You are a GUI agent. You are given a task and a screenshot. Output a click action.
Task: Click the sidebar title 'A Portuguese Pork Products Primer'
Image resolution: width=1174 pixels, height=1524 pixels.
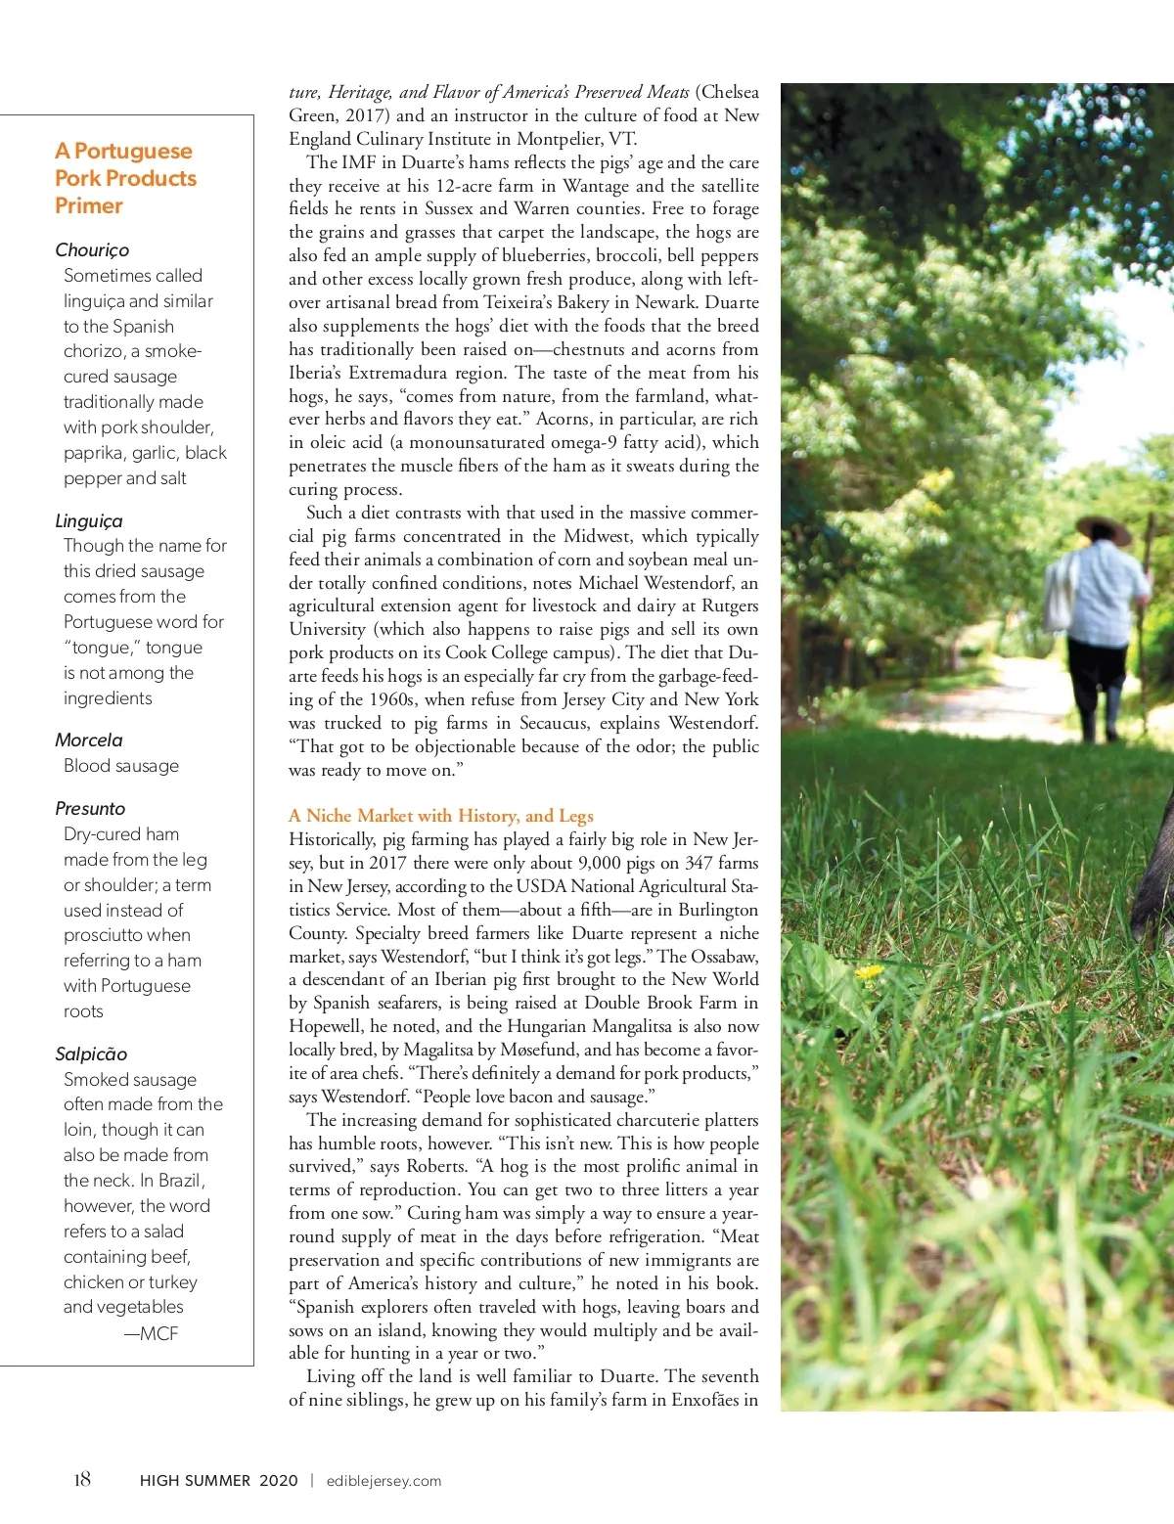coord(125,178)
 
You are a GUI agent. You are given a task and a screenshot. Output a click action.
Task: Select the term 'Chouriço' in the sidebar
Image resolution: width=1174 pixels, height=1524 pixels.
coord(92,250)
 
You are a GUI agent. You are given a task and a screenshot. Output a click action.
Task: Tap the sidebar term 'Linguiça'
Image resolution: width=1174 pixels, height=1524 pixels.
coord(89,521)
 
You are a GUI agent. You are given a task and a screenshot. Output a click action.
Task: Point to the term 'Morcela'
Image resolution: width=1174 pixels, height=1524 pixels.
coord(89,740)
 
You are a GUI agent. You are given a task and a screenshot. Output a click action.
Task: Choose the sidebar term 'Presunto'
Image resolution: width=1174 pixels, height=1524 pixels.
coord(90,809)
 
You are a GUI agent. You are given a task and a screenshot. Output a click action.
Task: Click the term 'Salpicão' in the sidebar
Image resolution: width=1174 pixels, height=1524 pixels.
coord(91,1054)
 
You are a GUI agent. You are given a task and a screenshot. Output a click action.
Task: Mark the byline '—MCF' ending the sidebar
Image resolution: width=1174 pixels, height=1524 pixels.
coord(151,1333)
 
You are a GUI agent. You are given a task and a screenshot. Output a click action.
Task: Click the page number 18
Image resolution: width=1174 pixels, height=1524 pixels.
coord(82,1479)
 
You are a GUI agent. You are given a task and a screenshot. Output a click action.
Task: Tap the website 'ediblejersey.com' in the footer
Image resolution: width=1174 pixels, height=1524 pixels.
coord(384,1481)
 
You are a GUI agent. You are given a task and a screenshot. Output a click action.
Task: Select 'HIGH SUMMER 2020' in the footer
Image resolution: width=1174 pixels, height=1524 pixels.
coord(218,1481)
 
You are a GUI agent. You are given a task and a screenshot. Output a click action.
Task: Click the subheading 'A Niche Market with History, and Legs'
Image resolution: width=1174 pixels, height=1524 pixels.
coord(440,816)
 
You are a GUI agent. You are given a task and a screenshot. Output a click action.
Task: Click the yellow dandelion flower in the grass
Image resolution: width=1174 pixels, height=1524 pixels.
coord(868,972)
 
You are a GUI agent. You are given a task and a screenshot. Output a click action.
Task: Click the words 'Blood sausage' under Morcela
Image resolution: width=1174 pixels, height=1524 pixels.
coord(121,766)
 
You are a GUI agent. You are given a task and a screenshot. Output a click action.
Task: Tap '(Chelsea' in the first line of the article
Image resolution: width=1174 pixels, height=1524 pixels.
coord(727,92)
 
